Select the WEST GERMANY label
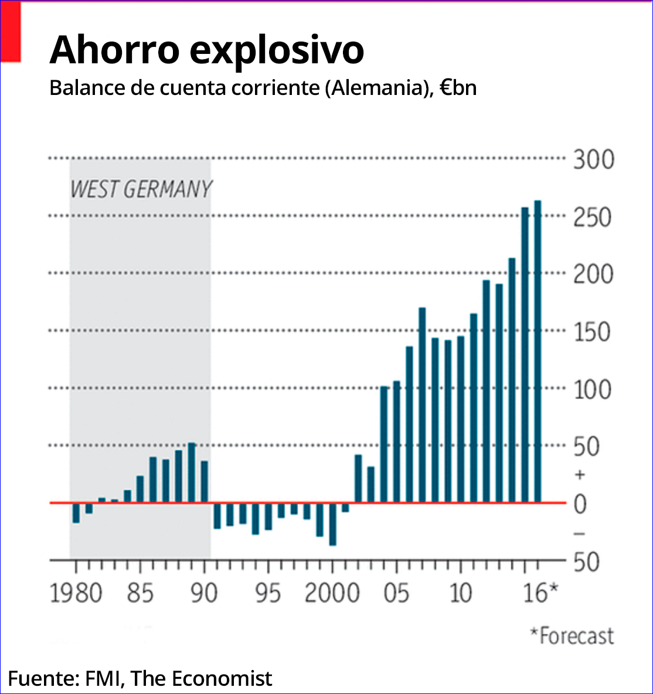coord(141,189)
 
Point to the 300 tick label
coord(593,159)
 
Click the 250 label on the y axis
coord(593,217)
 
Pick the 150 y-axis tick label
coord(593,332)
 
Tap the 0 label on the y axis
coord(580,504)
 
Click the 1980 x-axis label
coord(76,593)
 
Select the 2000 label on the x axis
coord(332,593)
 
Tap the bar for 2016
coord(538,352)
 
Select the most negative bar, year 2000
coord(332,524)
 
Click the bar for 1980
coord(76,513)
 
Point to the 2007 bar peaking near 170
coord(422,405)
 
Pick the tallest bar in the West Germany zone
coord(191,472)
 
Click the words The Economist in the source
coord(201,678)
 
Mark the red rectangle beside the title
coord(11,32)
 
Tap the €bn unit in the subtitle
coord(458,88)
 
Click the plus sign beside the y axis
coord(580,474)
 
